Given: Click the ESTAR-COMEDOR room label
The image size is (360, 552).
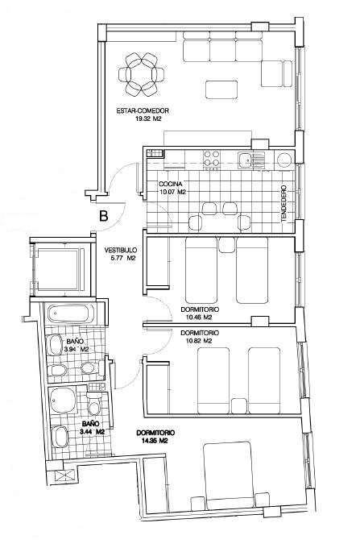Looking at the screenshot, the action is [x=143, y=111].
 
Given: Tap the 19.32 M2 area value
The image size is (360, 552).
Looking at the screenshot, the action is [x=148, y=119].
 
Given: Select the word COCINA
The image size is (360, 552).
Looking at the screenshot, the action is [x=170, y=184].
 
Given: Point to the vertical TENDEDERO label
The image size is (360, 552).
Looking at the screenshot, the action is [x=284, y=204].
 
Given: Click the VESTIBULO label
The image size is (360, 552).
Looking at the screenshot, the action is [x=120, y=251].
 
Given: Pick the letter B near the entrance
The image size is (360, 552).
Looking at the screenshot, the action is [x=103, y=215].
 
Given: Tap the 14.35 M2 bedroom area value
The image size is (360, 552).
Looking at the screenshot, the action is [x=155, y=441].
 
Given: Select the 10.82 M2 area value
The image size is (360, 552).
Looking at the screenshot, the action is [x=198, y=341].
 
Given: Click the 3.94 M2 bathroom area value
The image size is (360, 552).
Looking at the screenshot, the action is [x=77, y=350].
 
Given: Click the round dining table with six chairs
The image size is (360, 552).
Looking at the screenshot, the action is [x=141, y=75].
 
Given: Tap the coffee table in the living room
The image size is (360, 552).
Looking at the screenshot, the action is [x=221, y=89].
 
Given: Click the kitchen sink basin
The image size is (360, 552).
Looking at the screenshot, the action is [x=245, y=160].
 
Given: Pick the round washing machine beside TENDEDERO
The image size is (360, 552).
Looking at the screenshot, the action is [x=284, y=160].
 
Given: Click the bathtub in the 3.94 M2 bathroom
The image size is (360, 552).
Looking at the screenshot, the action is [x=71, y=313].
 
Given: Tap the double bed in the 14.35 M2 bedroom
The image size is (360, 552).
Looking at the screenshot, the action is [x=229, y=475].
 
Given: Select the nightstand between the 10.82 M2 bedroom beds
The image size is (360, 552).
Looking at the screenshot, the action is [x=238, y=406].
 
